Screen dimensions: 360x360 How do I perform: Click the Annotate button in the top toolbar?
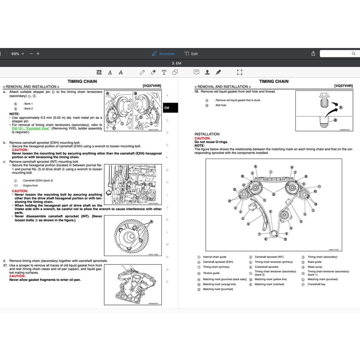[x=163, y=54]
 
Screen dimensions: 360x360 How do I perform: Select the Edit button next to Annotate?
[x=191, y=54]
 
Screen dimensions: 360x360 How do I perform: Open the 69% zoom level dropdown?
[x=17, y=54]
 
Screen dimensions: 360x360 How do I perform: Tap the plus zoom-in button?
[x=38, y=54]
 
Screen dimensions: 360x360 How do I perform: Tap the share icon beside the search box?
[x=313, y=54]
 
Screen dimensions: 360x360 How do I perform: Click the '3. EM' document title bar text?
[x=176, y=63]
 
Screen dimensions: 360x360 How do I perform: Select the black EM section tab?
[x=170, y=108]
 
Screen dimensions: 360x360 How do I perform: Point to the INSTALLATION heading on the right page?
[x=207, y=134]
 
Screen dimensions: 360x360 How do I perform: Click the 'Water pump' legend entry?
[x=314, y=267]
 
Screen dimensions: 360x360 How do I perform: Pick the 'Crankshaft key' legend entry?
[x=317, y=284]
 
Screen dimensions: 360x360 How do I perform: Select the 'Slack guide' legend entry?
[x=314, y=262]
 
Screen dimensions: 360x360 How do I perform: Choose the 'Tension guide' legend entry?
[x=211, y=273]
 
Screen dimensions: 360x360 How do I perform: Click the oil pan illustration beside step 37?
[x=133, y=285]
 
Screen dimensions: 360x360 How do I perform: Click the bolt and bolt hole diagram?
[x=324, y=110]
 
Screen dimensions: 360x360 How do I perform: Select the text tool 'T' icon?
[x=164, y=72]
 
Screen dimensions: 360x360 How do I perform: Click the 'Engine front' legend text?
[x=30, y=186]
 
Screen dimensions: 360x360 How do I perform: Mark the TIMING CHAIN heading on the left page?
[x=82, y=82]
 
